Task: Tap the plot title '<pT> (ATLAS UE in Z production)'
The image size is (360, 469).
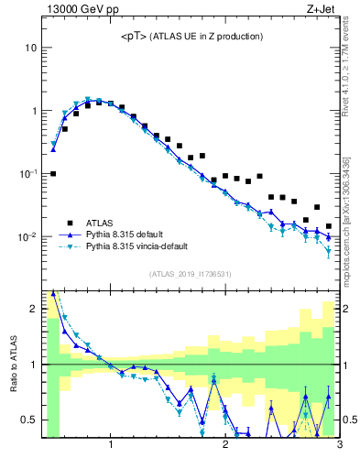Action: (x=192, y=36)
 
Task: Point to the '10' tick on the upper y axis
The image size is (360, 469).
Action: (x=30, y=48)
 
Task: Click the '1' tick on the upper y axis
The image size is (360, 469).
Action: (x=33, y=111)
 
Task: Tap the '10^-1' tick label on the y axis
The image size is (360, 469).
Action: (x=28, y=173)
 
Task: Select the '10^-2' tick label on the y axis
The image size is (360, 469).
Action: (x=28, y=236)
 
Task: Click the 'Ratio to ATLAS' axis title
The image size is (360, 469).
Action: (x=14, y=365)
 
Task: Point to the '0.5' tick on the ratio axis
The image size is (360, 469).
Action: (x=29, y=420)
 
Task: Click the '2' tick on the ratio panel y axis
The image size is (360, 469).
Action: (x=33, y=309)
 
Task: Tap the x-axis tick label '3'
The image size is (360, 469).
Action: (x=339, y=446)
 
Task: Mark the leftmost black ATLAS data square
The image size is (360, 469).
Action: (x=53, y=173)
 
